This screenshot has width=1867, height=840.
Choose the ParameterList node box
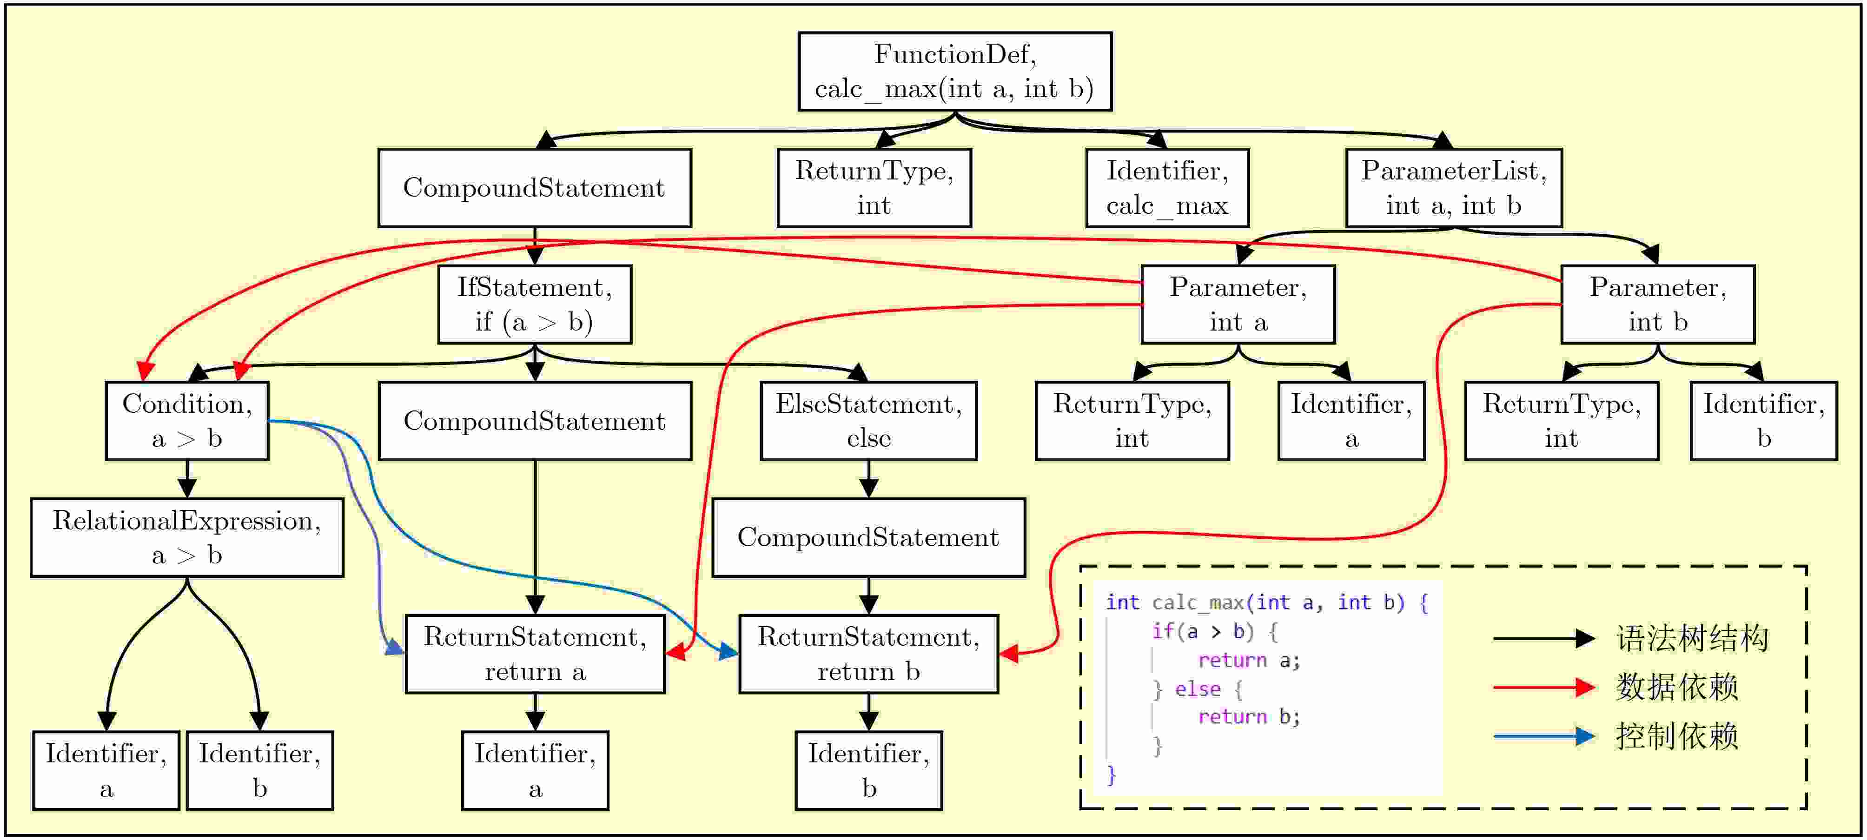coord(1453,188)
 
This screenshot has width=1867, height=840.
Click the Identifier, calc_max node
coord(1167,188)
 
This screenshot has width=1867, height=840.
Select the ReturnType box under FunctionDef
coord(874,188)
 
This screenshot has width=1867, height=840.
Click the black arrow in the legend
coord(1544,639)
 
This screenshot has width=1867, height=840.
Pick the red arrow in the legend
coord(1544,687)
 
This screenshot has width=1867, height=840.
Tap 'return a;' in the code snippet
coord(1249,660)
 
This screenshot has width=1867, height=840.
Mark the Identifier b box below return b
coord(868,770)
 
